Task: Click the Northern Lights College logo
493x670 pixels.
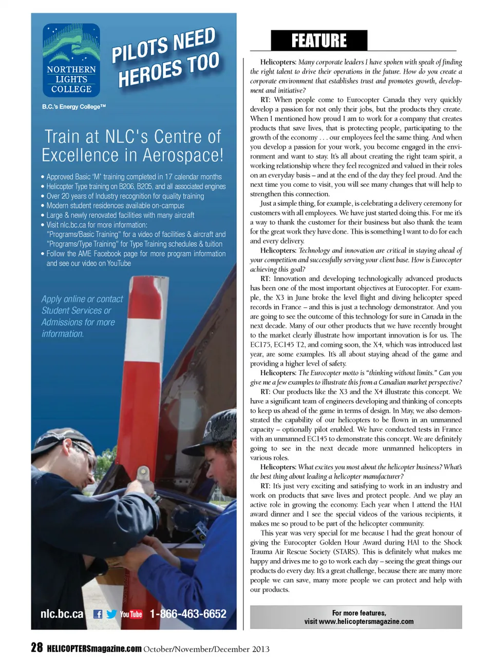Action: [x=71, y=60]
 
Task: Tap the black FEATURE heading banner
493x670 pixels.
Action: [x=319, y=41]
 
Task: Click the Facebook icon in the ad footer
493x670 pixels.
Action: [x=98, y=614]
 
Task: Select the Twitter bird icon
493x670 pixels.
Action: [x=111, y=614]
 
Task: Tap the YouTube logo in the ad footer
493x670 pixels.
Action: [x=131, y=614]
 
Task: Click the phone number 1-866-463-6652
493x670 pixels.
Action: [x=188, y=614]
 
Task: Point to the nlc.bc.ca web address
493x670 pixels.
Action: [x=62, y=614]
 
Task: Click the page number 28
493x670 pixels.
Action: [x=36, y=648]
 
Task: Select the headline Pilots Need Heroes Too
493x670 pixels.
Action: [x=166, y=58]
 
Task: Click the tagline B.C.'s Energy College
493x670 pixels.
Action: [x=74, y=107]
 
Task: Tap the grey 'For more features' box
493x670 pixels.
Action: [x=356, y=617]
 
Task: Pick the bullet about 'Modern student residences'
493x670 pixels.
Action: [x=115, y=206]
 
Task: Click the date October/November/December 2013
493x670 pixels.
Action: [x=206, y=649]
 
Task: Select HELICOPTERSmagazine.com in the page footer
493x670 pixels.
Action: [x=94, y=648]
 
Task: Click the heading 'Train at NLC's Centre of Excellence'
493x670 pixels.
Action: [x=132, y=146]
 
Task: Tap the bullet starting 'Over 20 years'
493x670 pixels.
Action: [x=125, y=196]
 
